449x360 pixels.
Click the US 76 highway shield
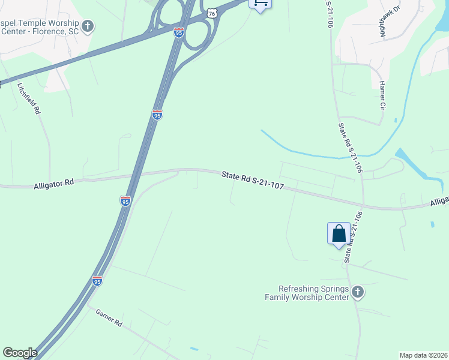click(x=210, y=13)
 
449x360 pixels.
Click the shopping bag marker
click(x=339, y=233)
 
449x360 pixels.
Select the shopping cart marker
click(x=260, y=4)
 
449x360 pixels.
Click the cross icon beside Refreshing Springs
click(x=357, y=292)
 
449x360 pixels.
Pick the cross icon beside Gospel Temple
click(x=88, y=26)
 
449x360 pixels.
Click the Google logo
click(x=20, y=352)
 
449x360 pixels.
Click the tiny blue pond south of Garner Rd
click(x=193, y=349)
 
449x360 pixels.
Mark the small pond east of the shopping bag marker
click(x=432, y=225)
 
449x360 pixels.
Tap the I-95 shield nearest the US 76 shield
click(x=179, y=33)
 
